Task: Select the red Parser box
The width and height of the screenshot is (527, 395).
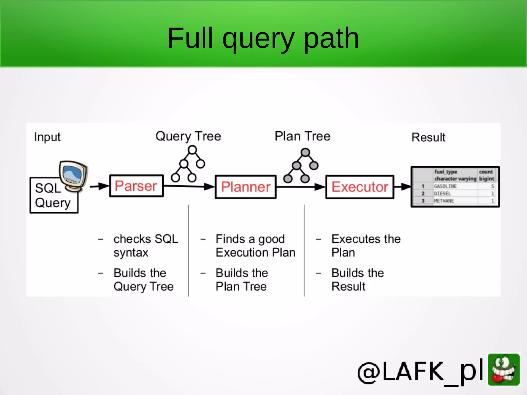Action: point(136,186)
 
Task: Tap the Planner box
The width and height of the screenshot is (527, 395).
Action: point(245,187)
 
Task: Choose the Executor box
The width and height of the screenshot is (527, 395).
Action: point(359,187)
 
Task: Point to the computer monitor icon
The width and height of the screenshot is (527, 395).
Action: point(73,175)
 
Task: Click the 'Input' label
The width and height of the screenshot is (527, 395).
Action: point(47,137)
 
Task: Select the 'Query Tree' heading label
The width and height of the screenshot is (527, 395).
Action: point(188,136)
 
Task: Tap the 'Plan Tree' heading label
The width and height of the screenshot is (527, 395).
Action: point(302,136)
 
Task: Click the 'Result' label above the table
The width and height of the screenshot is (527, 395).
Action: point(428,137)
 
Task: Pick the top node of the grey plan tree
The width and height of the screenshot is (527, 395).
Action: point(305,152)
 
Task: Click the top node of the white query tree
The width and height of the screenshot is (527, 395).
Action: point(192,150)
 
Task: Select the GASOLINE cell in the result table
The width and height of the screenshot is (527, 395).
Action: point(446,186)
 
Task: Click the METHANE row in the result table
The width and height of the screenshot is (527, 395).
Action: point(444,201)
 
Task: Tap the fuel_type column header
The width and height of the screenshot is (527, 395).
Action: point(446,172)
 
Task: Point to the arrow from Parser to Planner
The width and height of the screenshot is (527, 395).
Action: point(189,186)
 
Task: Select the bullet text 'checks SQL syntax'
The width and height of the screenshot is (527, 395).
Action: point(146,245)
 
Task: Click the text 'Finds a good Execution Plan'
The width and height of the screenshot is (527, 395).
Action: point(255,245)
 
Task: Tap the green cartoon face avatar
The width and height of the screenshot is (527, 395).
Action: point(504,370)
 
